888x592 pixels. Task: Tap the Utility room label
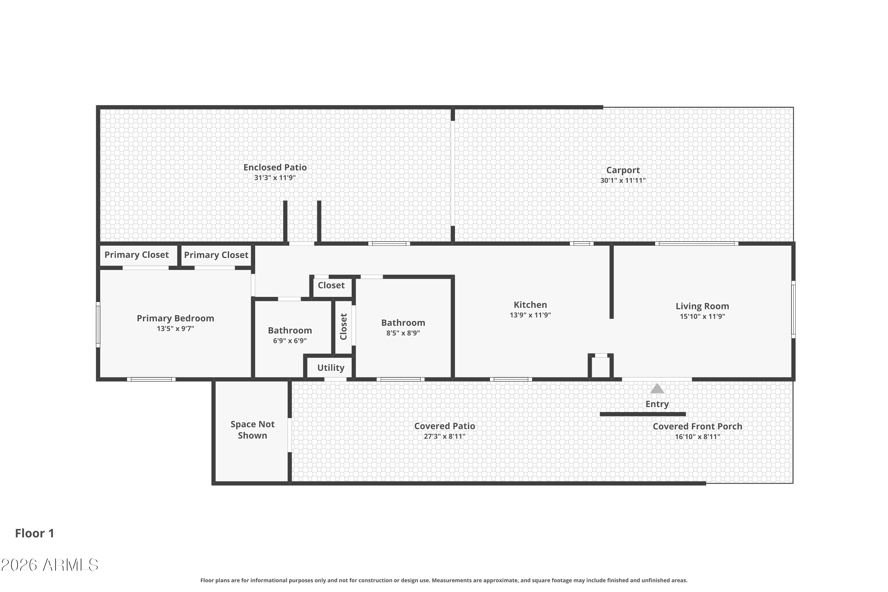click(331, 368)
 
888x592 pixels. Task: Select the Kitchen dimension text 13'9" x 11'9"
click(530, 315)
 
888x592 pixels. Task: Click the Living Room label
click(702, 306)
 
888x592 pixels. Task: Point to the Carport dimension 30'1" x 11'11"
click(623, 181)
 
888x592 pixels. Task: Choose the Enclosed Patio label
click(275, 167)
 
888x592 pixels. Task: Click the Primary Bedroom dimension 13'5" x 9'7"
click(176, 329)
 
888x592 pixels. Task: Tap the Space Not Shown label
click(252, 430)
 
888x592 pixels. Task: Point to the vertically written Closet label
click(343, 326)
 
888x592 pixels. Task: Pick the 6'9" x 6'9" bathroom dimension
click(290, 341)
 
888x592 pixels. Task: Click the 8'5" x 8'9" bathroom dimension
click(403, 333)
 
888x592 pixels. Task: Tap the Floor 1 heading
click(35, 533)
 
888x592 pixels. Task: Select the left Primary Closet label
click(137, 255)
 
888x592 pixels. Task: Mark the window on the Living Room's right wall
click(793, 309)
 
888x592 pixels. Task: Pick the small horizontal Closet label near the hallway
click(331, 285)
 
